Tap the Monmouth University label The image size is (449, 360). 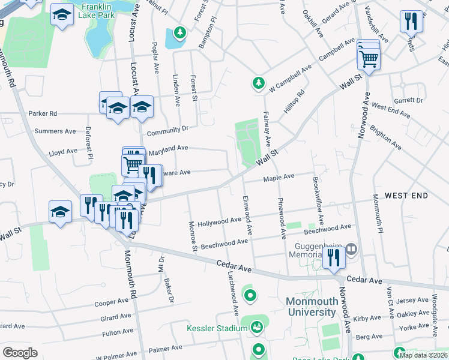coord(311,307)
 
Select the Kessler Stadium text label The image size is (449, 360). coord(217,328)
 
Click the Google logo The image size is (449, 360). coord(20,352)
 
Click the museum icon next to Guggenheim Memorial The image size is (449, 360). coord(351,248)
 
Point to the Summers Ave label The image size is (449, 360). coord(55,131)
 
